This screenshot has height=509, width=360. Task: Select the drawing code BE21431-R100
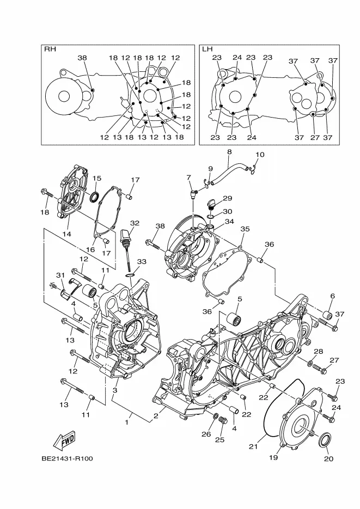coord(67,459)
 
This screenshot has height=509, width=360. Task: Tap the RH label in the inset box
coord(50,49)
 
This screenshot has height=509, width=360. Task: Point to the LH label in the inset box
coord(207,49)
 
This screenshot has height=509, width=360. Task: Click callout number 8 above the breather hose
coord(229,152)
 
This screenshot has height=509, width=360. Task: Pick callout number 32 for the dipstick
coord(135,223)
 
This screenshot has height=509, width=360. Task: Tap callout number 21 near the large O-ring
coord(253,447)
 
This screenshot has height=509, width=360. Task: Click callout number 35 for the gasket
coord(245,229)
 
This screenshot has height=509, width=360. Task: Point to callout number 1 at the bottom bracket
coord(127,422)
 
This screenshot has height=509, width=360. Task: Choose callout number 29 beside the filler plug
coord(228,198)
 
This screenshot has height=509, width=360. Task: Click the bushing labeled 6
coord(327,315)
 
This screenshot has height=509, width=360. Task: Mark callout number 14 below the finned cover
coord(66,234)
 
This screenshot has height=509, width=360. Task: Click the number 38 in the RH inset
coord(82,58)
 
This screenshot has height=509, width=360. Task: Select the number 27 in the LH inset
coord(315,137)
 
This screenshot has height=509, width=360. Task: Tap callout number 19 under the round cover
coord(273,457)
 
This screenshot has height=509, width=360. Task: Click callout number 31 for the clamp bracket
coord(60,275)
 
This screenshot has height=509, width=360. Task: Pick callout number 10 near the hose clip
coord(260,155)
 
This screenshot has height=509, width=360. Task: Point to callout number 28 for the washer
coord(319,351)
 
